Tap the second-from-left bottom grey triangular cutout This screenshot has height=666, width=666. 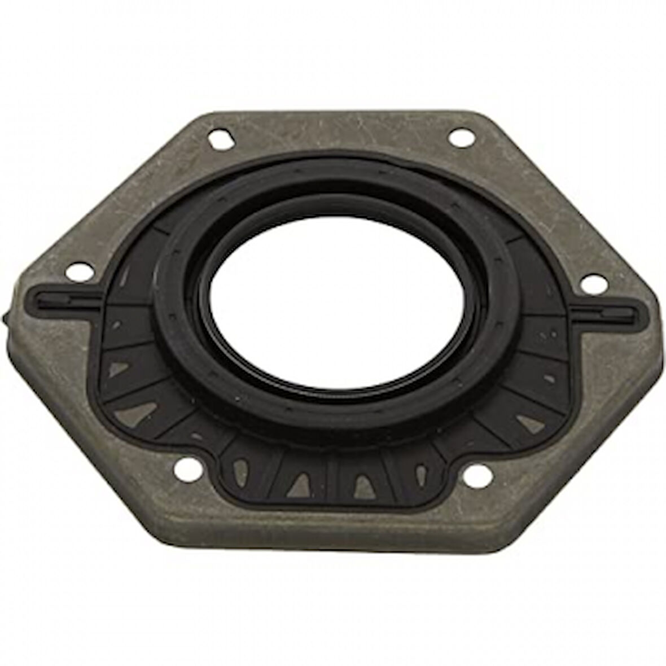click(x=297, y=480)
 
